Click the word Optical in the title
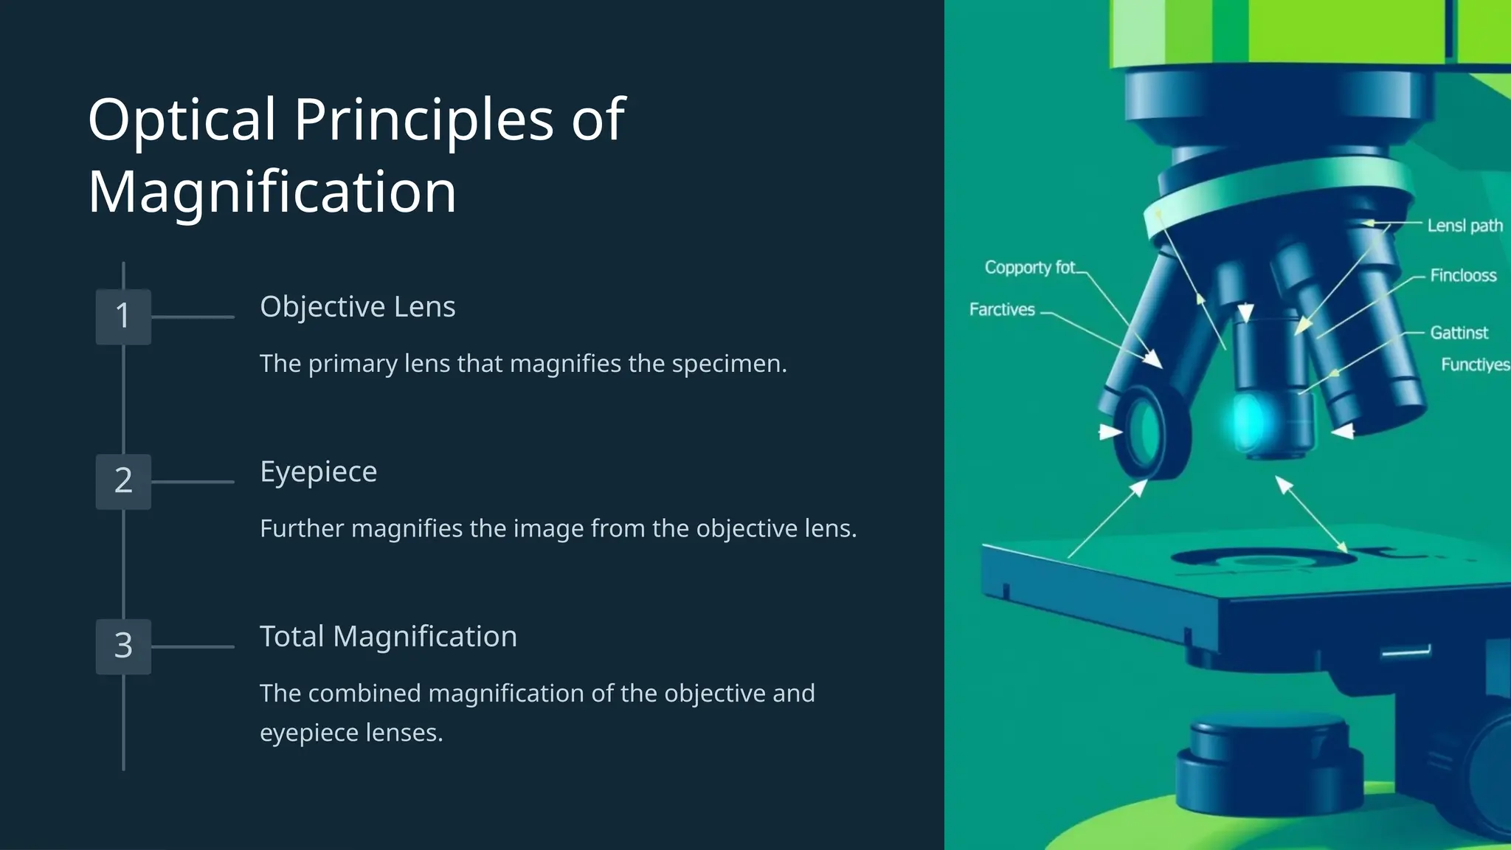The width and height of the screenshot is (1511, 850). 181,120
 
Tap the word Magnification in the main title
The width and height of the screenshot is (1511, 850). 272,192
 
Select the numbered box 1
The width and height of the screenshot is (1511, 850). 123,317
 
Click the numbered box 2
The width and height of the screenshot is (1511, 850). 123,481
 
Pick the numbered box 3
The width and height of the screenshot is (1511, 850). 123,646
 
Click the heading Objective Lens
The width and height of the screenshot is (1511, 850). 357,307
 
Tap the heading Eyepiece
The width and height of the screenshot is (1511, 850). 318,472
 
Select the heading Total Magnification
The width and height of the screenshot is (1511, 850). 388,637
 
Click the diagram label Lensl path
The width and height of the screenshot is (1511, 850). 1465,226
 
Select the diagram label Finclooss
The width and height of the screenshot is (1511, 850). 1463,276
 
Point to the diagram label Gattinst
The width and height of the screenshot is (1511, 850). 1459,333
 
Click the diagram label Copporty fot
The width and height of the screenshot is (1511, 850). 1030,268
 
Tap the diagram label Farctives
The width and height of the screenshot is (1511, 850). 1002,310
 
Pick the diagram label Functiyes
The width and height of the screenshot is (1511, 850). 1475,364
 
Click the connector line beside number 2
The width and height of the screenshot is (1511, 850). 193,482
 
